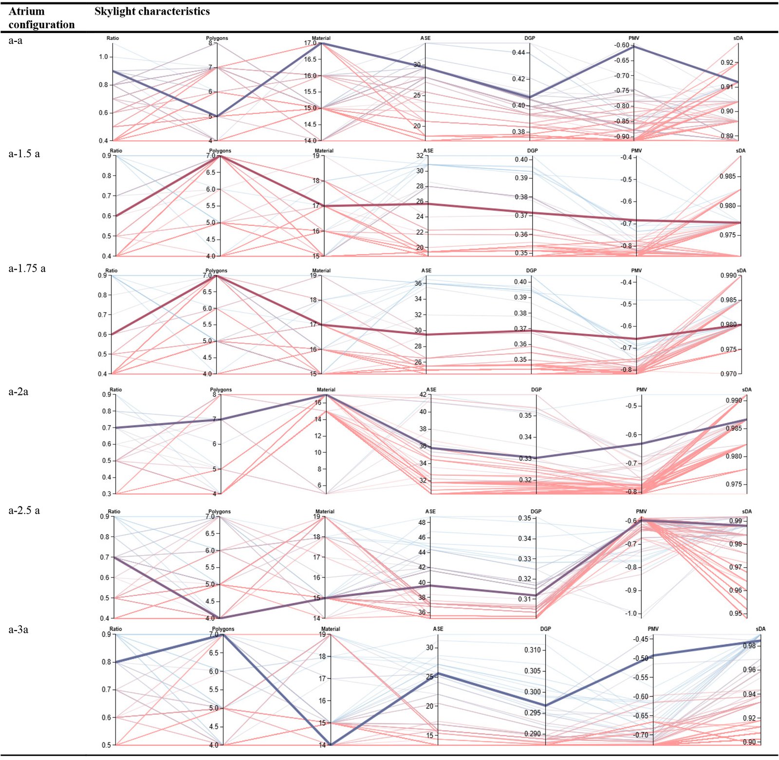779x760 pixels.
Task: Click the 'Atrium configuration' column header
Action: click(41, 18)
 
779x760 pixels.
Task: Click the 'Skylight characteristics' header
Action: click(152, 11)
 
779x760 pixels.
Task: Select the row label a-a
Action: click(16, 40)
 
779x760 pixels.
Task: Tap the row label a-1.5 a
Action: click(24, 154)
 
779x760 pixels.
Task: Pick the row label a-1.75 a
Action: click(27, 268)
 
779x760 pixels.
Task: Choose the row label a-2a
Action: click(19, 391)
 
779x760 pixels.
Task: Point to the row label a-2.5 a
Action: click(24, 510)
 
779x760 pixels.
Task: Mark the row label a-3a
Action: click(19, 630)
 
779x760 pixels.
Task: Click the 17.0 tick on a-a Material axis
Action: click(310, 43)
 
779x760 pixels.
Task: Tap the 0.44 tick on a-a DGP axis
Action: click(519, 53)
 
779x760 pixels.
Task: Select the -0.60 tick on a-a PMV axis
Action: click(622, 45)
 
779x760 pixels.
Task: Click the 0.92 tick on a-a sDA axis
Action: click(727, 62)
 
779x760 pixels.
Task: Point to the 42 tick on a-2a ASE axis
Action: click(423, 394)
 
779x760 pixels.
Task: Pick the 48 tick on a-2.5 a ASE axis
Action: click(422, 522)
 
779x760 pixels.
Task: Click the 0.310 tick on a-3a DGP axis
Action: click(533, 650)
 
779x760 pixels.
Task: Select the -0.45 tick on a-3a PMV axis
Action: click(641, 639)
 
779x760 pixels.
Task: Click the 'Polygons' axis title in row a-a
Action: click(217, 38)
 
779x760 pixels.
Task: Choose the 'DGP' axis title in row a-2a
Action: click(536, 389)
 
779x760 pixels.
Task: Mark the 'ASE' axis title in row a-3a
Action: click(438, 629)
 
